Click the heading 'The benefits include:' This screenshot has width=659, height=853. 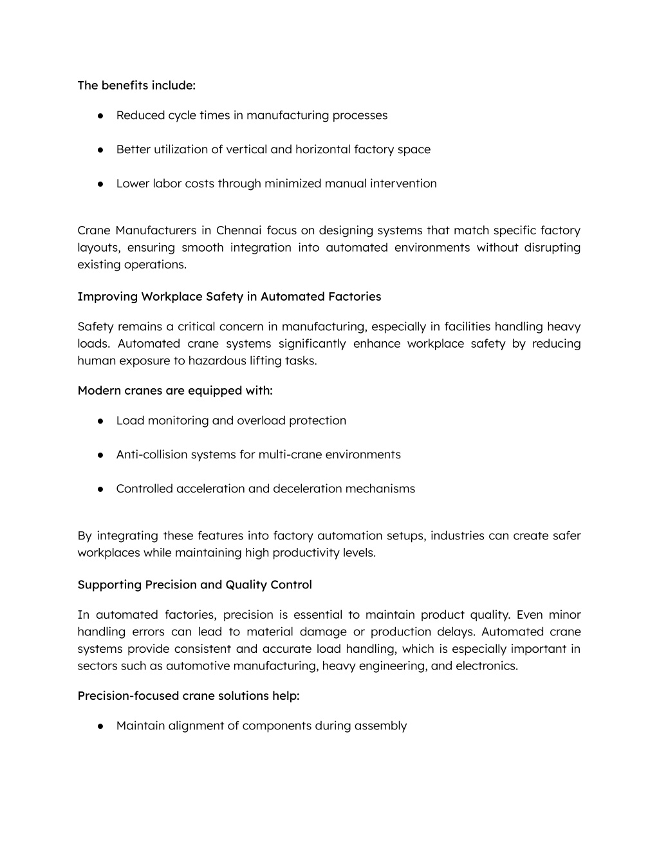click(x=136, y=86)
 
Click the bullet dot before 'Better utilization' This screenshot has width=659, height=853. click(x=101, y=149)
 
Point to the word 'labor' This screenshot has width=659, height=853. click(x=167, y=183)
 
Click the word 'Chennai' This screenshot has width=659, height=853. click(x=238, y=230)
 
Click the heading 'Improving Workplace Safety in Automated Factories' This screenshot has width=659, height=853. click(x=229, y=296)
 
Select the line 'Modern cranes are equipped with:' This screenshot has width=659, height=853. click(x=175, y=391)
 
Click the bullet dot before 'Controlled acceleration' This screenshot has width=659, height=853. click(x=101, y=489)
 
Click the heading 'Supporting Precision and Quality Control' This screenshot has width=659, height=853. click(x=194, y=585)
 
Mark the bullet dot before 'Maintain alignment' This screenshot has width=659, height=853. click(x=101, y=726)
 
